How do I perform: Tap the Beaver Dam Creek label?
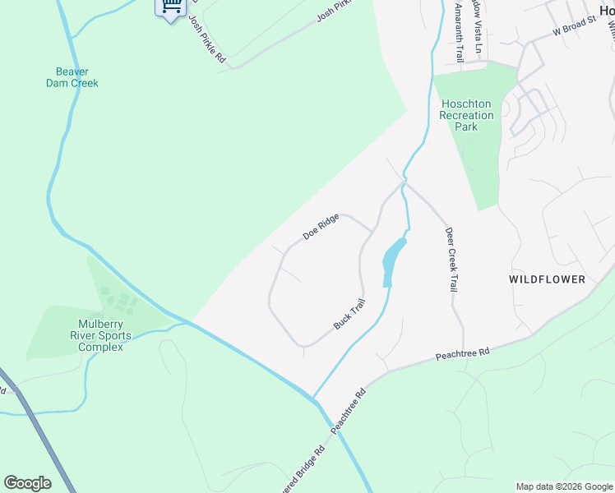coord(72,77)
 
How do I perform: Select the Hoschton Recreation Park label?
coord(467,115)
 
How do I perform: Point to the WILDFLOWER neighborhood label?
coord(547,279)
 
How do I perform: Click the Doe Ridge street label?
coord(321,226)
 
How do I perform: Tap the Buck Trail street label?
coord(349,314)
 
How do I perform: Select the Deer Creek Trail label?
coord(451,260)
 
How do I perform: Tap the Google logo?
coord(27,482)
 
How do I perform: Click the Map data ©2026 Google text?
coord(563,486)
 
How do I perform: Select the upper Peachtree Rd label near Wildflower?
coord(462,355)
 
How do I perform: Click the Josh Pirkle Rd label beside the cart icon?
coord(206,39)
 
